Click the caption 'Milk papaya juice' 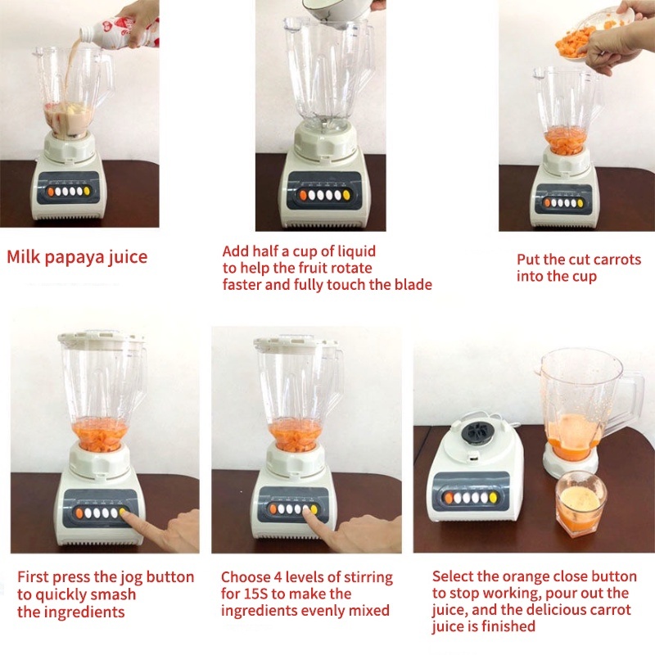pos(77,257)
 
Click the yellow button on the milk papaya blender pos(87,192)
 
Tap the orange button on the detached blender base pos(449,498)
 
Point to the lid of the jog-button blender pos(102,337)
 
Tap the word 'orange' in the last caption pos(528,577)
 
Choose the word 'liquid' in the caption pos(356,251)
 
